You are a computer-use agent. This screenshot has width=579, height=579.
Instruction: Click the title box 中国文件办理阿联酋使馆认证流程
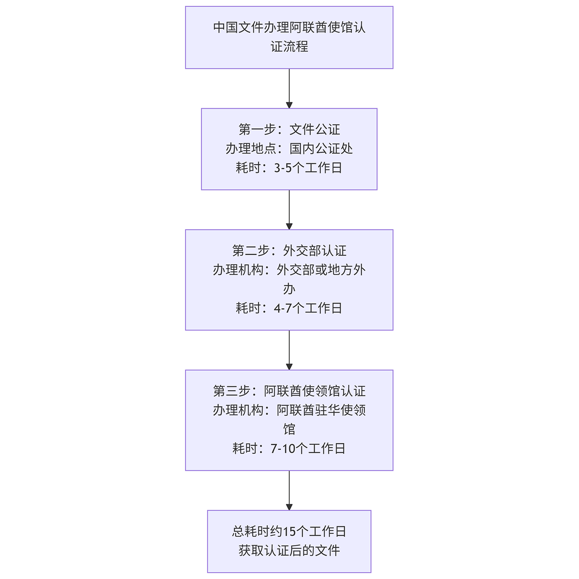pyautogui.click(x=289, y=37)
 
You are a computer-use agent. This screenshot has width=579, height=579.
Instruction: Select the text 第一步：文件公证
pyautogui.click(x=289, y=129)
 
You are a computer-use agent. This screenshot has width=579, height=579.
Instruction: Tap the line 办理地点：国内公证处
pyautogui.click(x=289, y=148)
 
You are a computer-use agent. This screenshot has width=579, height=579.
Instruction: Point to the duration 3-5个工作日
pyautogui.click(x=308, y=168)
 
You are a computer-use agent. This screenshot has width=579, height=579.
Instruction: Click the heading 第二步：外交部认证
pyautogui.click(x=289, y=251)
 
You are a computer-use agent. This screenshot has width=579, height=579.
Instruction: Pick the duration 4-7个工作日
pyautogui.click(x=308, y=308)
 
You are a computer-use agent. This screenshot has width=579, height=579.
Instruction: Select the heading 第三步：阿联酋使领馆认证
pyautogui.click(x=289, y=391)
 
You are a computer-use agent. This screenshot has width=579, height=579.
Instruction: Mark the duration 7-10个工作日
pyautogui.click(x=308, y=448)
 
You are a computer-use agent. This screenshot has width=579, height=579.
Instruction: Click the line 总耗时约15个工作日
pyautogui.click(x=289, y=531)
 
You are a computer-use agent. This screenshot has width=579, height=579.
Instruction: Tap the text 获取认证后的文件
pyautogui.click(x=289, y=550)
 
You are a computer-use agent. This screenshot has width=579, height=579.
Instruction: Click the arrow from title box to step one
pyautogui.click(x=289, y=89)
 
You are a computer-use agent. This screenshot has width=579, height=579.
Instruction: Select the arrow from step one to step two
pyautogui.click(x=289, y=210)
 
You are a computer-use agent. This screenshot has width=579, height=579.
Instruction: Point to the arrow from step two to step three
pyautogui.click(x=289, y=350)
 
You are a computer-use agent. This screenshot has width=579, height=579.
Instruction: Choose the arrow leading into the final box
pyautogui.click(x=289, y=490)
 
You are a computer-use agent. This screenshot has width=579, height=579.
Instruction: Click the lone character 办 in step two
pyautogui.click(x=289, y=289)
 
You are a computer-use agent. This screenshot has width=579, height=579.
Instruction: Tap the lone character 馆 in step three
pyautogui.click(x=289, y=429)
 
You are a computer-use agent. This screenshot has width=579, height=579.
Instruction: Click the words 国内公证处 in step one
pyautogui.click(x=321, y=148)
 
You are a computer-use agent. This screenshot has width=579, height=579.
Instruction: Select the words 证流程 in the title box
pyautogui.click(x=289, y=47)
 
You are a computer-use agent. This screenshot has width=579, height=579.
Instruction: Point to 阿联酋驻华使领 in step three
pyautogui.click(x=321, y=410)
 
